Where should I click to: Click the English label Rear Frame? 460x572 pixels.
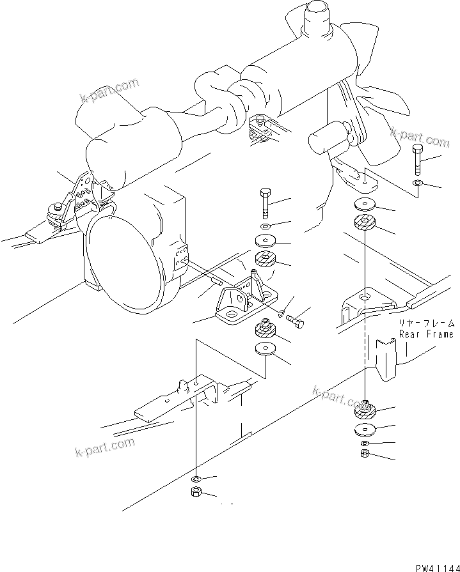click(x=426, y=334)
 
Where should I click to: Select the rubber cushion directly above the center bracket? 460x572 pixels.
click(x=265, y=261)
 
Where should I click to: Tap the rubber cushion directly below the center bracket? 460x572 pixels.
click(x=265, y=331)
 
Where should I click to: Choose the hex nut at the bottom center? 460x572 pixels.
click(x=196, y=493)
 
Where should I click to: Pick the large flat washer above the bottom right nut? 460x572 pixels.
click(x=365, y=429)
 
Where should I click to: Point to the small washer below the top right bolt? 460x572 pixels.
click(x=417, y=184)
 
